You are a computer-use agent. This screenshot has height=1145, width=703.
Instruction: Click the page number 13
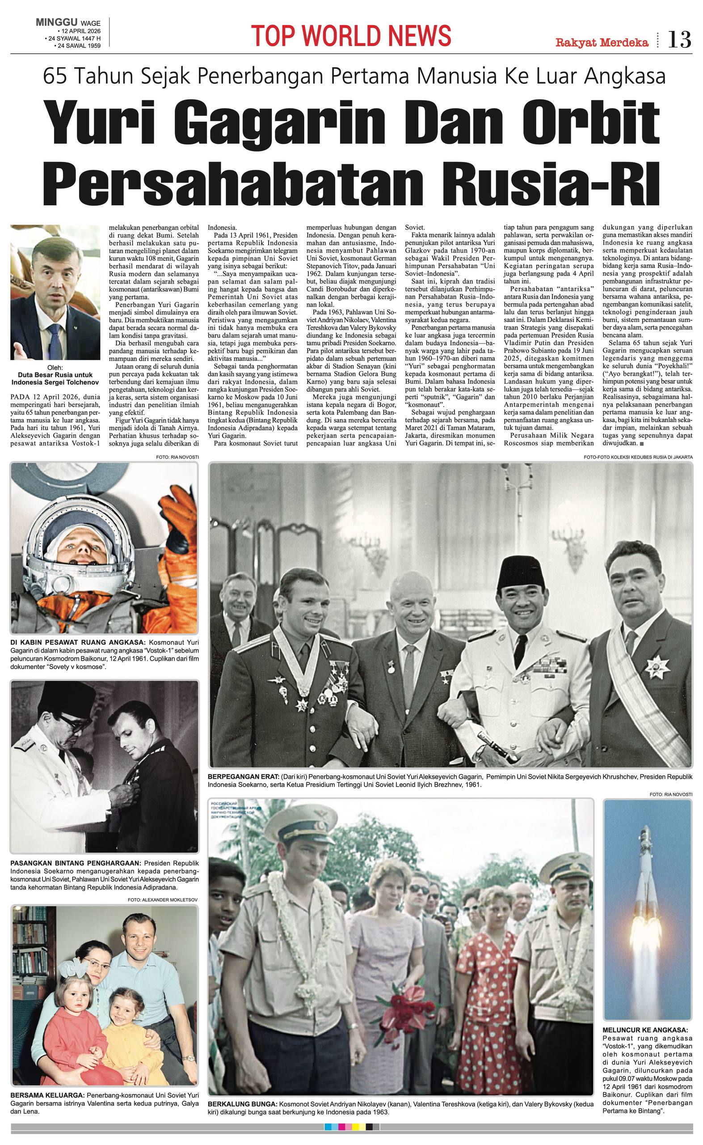(x=679, y=40)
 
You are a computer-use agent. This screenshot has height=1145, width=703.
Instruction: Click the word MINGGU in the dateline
(x=57, y=22)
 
